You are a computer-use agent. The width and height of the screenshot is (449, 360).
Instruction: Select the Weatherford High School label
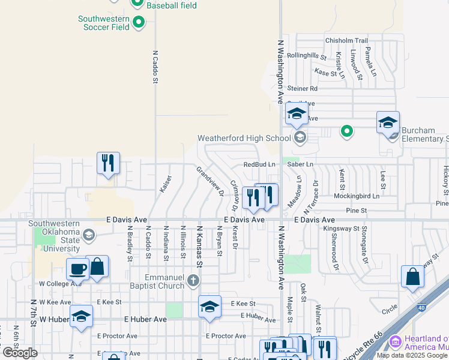click(x=244, y=139)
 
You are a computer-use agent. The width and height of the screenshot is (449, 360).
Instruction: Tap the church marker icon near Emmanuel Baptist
click(x=193, y=280)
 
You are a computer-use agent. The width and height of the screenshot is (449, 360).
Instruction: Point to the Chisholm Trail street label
click(x=346, y=41)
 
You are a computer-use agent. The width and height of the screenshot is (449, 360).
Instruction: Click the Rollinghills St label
click(x=306, y=58)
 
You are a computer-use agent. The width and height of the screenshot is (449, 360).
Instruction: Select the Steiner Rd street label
click(x=301, y=88)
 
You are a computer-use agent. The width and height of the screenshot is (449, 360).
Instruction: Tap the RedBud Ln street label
click(x=259, y=164)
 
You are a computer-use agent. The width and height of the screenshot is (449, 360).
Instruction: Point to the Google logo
click(x=20, y=353)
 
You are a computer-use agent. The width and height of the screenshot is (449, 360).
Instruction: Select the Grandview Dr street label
click(x=209, y=181)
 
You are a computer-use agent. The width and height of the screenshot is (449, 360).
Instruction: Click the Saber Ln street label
click(x=302, y=164)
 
